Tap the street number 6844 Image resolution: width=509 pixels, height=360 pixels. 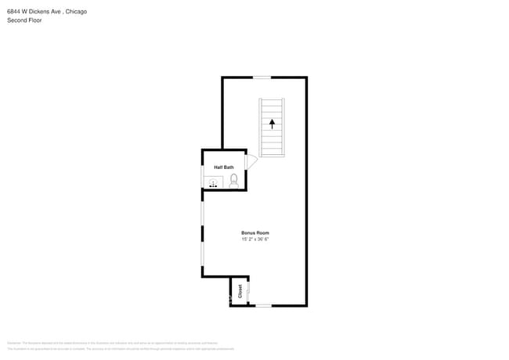15,12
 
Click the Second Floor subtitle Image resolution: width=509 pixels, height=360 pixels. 24,20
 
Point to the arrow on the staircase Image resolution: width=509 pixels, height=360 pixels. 273,123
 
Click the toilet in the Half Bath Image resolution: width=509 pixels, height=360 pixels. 233,181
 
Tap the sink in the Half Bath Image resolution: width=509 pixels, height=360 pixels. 213,183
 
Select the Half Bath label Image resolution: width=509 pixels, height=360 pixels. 224,167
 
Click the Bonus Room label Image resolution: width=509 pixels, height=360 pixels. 255,233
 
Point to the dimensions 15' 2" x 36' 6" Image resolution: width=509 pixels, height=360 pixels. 255,239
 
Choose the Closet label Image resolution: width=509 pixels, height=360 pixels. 240,290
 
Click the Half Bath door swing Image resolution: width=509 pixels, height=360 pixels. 251,162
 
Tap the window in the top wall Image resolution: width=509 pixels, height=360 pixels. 262,77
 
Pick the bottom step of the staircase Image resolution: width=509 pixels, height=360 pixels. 273,153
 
